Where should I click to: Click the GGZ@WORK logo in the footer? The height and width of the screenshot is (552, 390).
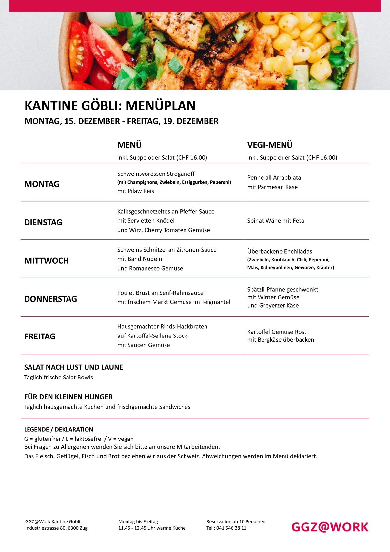[330, 527]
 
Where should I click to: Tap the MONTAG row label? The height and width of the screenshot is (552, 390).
[42, 184]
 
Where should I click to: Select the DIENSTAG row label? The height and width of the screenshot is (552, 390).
[43, 222]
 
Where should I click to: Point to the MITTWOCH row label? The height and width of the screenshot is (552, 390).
[47, 261]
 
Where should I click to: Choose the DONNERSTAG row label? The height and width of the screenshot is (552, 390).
[51, 299]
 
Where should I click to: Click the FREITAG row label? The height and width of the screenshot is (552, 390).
[40, 337]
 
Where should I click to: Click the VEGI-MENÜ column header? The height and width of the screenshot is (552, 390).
[270, 145]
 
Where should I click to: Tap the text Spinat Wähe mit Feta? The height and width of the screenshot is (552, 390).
[276, 221]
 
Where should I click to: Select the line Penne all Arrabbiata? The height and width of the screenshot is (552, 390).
[274, 178]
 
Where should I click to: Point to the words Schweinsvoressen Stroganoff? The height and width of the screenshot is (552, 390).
[156, 174]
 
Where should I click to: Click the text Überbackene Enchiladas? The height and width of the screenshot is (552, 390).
[280, 251]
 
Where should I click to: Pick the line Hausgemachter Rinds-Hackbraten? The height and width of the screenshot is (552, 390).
[162, 326]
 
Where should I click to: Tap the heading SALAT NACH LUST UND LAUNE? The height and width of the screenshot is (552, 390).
[74, 367]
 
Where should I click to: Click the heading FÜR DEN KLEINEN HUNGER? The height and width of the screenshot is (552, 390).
[68, 397]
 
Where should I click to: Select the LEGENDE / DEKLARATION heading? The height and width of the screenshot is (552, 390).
[59, 429]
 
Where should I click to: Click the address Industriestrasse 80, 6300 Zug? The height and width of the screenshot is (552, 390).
[56, 528]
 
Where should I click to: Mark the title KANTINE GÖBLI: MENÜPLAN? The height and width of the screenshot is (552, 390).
[110, 106]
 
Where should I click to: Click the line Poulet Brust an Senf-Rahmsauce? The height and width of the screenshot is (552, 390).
[160, 293]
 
